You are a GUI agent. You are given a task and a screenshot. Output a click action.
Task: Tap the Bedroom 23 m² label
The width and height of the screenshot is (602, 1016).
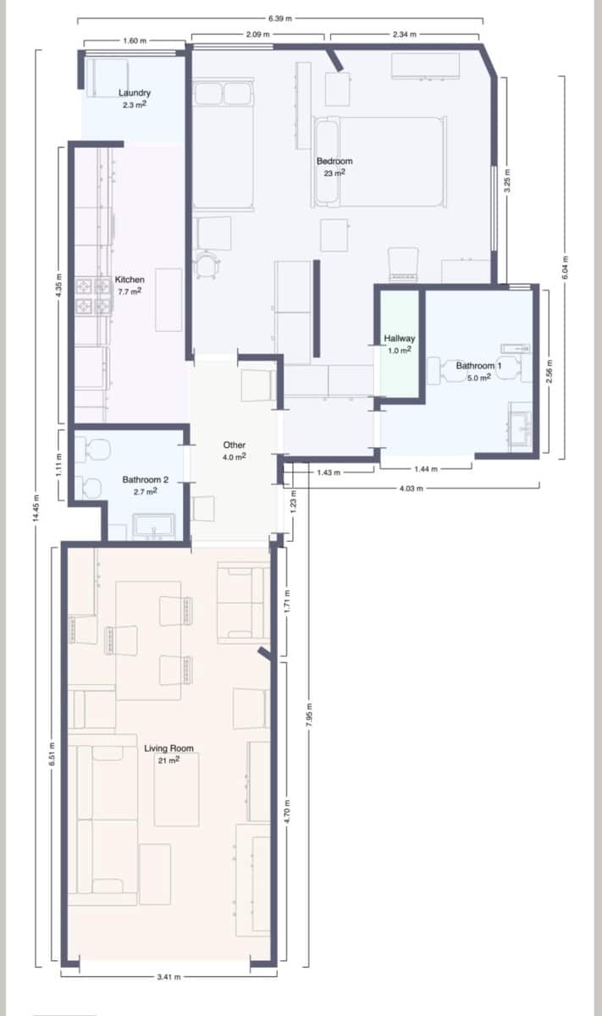pyautogui.click(x=334, y=166)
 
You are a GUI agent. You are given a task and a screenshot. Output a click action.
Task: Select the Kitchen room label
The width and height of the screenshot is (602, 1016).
pyautogui.click(x=130, y=284)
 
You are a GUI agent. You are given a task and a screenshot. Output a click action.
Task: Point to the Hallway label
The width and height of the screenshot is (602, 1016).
pyautogui.click(x=399, y=343)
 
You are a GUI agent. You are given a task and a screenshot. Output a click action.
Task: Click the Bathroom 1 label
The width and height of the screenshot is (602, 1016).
pyautogui.click(x=478, y=371)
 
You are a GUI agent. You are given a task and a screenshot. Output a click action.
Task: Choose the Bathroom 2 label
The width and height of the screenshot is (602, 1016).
pyautogui.click(x=145, y=484)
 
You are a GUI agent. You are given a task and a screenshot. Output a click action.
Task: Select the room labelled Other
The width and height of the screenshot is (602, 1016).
pyautogui.click(x=234, y=450)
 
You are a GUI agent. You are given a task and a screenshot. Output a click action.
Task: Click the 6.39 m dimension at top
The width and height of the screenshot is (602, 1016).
pyautogui.click(x=279, y=18)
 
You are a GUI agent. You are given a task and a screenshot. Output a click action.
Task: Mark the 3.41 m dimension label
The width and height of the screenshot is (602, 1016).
pyautogui.click(x=168, y=976)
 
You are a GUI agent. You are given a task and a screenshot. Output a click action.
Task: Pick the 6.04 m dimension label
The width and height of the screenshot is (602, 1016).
pyautogui.click(x=565, y=268)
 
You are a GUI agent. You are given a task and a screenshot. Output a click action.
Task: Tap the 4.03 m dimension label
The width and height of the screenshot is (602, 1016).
pyautogui.click(x=412, y=488)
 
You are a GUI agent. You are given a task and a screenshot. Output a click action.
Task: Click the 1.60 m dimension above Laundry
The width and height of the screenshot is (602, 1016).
pyautogui.click(x=135, y=41)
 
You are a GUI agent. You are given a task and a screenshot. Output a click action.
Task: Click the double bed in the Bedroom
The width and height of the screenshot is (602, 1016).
pyautogui.click(x=380, y=162)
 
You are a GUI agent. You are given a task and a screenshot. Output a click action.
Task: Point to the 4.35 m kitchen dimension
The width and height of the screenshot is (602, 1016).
pyautogui.click(x=58, y=286)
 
